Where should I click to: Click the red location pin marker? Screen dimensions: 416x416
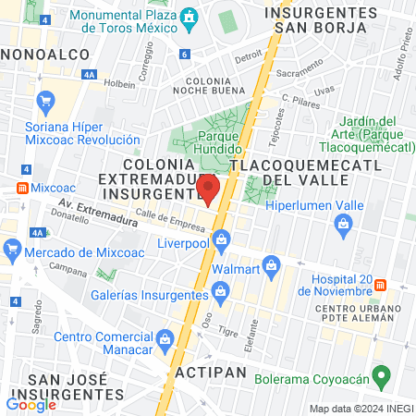[x=208, y=189]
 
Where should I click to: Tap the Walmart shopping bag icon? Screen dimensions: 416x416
[x=271, y=266]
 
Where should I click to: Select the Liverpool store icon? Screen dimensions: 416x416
[x=221, y=242]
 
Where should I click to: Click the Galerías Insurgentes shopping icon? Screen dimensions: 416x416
[x=220, y=294]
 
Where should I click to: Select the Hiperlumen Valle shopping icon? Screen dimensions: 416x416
[x=343, y=223]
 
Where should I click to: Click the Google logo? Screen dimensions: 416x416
[x=31, y=403]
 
